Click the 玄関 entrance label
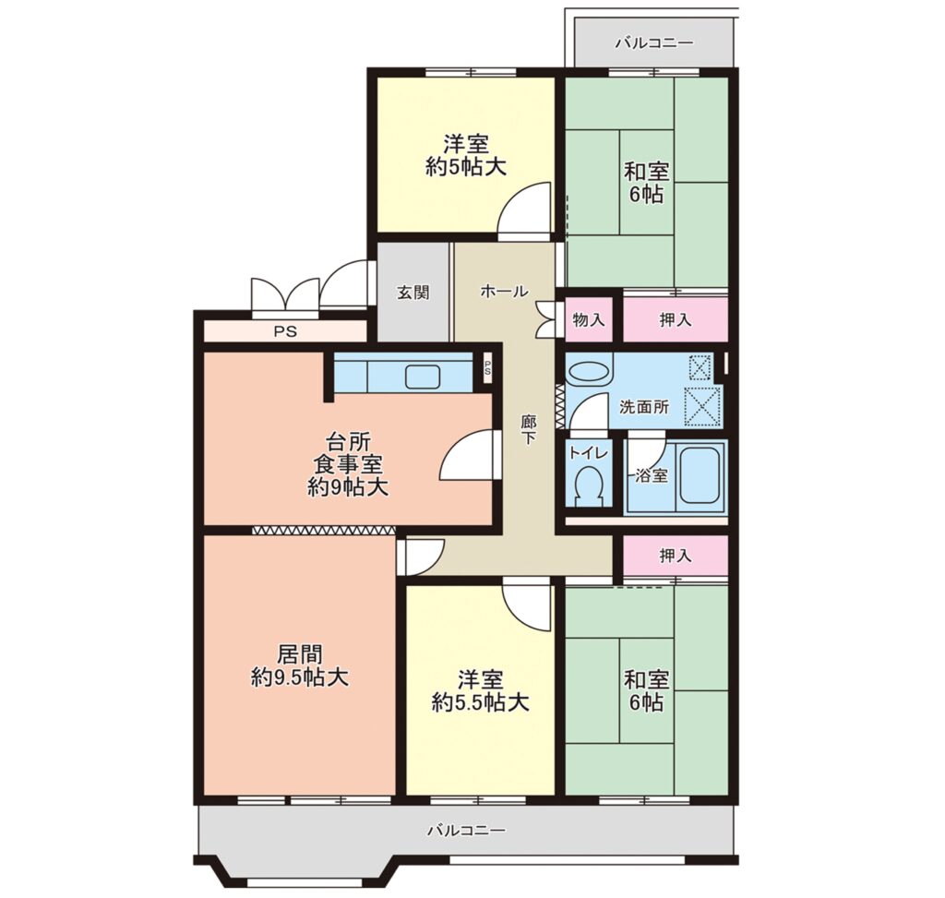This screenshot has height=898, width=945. pyautogui.click(x=413, y=293)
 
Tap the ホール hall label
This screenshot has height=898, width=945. pyautogui.click(x=504, y=292)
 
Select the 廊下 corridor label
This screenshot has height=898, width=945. pyautogui.click(x=528, y=430)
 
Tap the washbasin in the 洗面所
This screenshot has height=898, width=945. pyautogui.click(x=589, y=371)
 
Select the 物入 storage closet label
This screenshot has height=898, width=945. pyautogui.click(x=588, y=319)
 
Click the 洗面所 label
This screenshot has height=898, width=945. pyautogui.click(x=644, y=407)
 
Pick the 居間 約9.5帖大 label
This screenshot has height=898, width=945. pyautogui.click(x=300, y=666)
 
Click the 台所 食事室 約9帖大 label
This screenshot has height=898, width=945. pyautogui.click(x=348, y=464)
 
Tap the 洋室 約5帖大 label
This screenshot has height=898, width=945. pyautogui.click(x=465, y=155)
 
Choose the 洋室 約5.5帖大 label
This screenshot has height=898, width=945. pyautogui.click(x=480, y=690)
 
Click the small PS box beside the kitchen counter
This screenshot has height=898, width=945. pyautogui.click(x=487, y=368)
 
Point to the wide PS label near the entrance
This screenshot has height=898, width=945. pyautogui.click(x=286, y=331)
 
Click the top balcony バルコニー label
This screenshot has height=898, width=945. pyautogui.click(x=654, y=43)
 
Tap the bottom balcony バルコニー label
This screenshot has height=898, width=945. pyautogui.click(x=466, y=832)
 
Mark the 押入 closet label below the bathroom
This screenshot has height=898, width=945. pyautogui.click(x=675, y=555)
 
